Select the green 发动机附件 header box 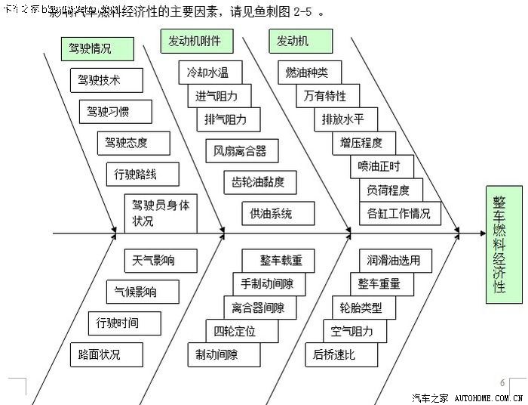click(196, 41)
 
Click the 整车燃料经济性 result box click(504, 245)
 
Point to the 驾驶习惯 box click(115, 111)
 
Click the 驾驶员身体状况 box click(161, 213)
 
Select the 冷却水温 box click(208, 73)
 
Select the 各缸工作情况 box click(399, 213)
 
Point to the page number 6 click(503, 382)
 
